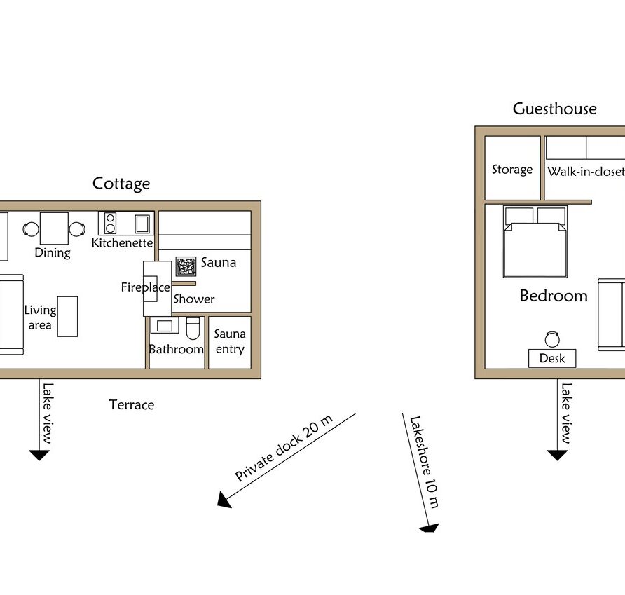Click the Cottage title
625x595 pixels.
click(121, 184)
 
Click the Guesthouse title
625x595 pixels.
click(554, 109)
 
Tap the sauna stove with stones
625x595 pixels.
click(186, 266)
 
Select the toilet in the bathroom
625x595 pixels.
click(193, 328)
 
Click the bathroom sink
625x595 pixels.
click(165, 325)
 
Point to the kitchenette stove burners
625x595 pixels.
click(111, 223)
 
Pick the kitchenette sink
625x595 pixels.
click(142, 224)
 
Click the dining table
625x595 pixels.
click(54, 228)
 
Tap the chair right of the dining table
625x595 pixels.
click(77, 229)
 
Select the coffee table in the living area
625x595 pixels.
click(67, 317)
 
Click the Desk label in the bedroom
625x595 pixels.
click(552, 358)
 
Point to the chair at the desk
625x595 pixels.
click(552, 339)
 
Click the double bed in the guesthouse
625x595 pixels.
click(535, 242)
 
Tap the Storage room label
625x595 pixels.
click(512, 170)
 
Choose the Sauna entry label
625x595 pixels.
click(230, 341)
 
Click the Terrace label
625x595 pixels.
click(132, 405)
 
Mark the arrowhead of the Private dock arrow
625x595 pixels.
click(224, 500)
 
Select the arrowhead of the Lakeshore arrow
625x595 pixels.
click(430, 528)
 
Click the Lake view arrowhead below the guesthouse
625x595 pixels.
click(557, 455)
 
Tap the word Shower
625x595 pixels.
click(194, 299)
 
